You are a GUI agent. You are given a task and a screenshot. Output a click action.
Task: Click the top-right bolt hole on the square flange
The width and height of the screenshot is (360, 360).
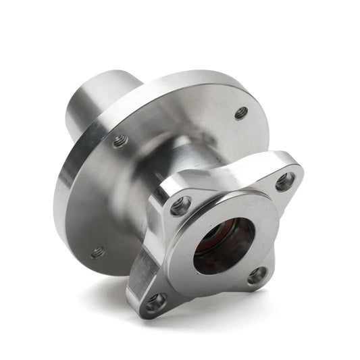point(285,181)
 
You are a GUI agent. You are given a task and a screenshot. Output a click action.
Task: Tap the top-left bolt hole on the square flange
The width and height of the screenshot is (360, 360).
point(180,206)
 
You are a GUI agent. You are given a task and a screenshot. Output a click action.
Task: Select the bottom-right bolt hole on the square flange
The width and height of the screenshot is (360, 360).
point(257,275)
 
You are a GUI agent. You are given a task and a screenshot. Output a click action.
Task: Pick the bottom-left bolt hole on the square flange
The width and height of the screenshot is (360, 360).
point(156,301)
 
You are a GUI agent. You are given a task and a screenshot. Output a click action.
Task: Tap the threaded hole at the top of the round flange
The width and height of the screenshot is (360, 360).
point(241,113)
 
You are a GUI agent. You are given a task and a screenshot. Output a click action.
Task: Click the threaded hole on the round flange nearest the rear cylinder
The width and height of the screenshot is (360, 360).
point(120,140)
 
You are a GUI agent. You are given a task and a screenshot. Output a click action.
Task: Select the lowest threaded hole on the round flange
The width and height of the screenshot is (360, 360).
point(98,252)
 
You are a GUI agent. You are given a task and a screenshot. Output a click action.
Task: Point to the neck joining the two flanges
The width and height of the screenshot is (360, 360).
point(182,162)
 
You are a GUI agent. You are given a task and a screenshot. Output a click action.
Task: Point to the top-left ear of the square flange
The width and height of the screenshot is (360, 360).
point(172,196)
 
